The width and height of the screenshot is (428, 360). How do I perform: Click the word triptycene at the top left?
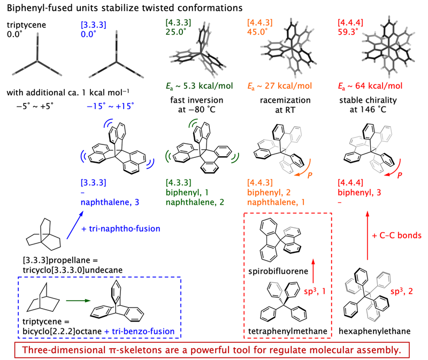coord(25,25)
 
